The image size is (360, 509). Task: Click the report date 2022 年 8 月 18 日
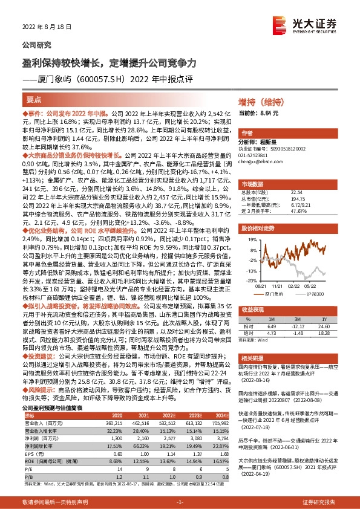(x=47, y=28)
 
